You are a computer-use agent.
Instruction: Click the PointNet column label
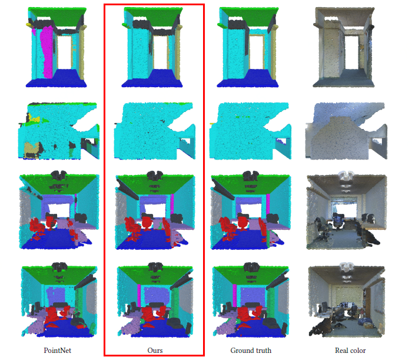pyautogui.click(x=57, y=350)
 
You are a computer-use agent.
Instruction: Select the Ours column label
pyautogui.click(x=155, y=350)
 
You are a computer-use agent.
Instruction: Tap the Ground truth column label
pyautogui.click(x=251, y=350)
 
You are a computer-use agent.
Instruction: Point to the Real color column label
pyautogui.click(x=350, y=350)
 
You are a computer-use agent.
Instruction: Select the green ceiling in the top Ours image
pyautogui.click(x=154, y=16)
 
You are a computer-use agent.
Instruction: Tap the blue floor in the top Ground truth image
pyautogui.click(x=248, y=79)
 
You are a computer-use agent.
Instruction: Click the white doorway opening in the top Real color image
pyautogui.click(x=351, y=52)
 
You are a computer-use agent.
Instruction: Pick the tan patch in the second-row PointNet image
pyautogui.click(x=32, y=149)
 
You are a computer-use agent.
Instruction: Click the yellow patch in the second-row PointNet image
pyautogui.click(x=34, y=118)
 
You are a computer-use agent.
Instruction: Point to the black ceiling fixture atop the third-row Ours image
pyautogui.click(x=155, y=175)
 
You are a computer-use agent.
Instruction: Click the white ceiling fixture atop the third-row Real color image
pyautogui.click(x=346, y=176)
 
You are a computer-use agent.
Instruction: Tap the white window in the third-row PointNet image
pyautogui.click(x=59, y=210)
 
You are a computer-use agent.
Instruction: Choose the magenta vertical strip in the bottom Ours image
pyautogui.click(x=139, y=295)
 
